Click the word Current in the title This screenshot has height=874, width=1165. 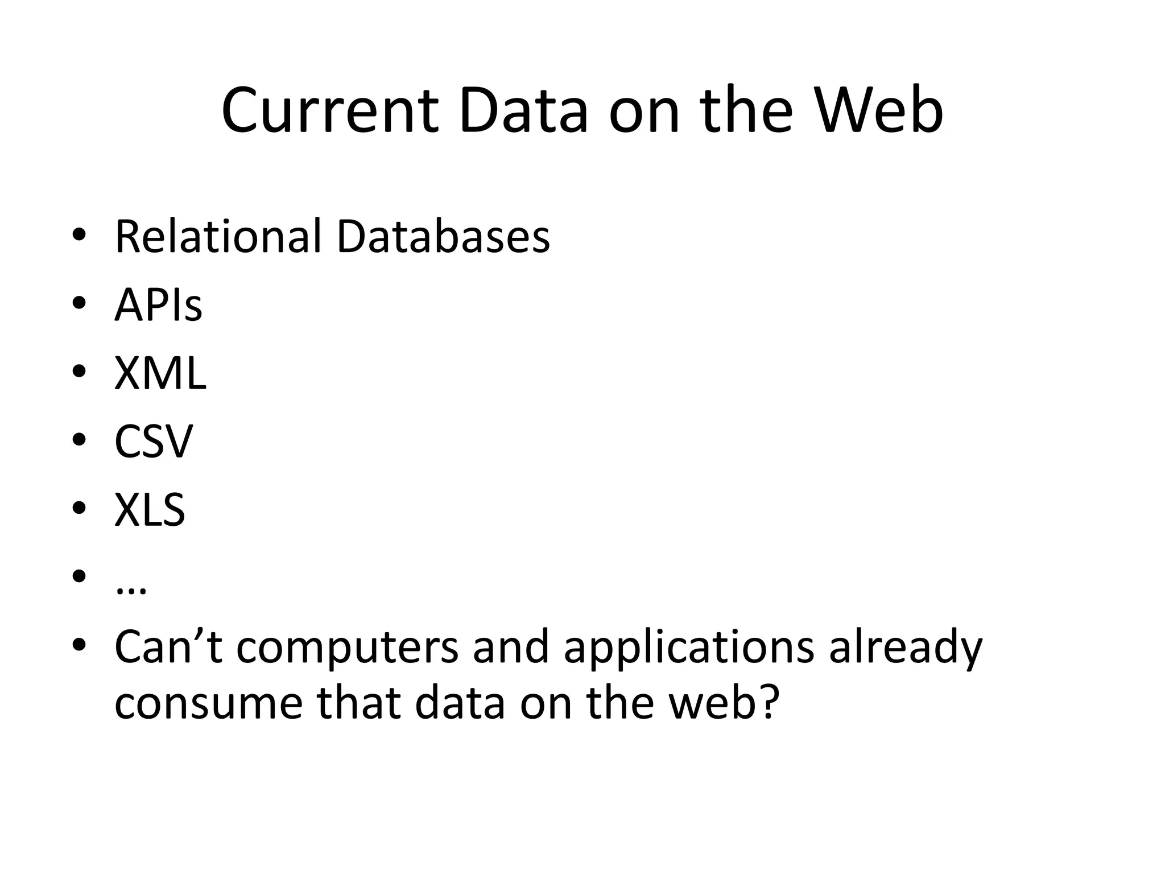click(330, 111)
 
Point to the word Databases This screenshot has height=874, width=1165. click(443, 236)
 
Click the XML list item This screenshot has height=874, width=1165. click(160, 374)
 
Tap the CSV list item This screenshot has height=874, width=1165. click(154, 442)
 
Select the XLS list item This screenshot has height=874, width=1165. click(150, 510)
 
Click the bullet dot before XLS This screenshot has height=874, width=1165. click(79, 508)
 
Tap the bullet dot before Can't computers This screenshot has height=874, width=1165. click(79, 644)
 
